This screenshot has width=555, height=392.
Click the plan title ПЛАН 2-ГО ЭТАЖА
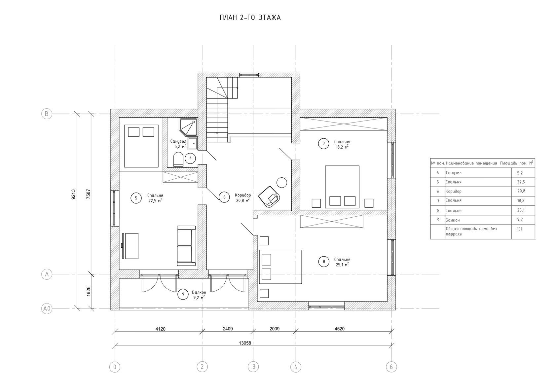coord(250,18)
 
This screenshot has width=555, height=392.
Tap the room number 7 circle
coord(324,144)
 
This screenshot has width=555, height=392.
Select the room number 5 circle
coord(136,198)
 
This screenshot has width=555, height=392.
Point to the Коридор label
coord(243,195)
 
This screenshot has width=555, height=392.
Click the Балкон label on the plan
coord(199,292)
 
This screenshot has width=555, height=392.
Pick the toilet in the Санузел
coord(178,159)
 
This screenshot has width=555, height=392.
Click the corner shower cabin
coord(188,127)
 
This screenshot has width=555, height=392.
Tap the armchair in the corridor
coord(269,196)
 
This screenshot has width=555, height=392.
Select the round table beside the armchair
coord(282,183)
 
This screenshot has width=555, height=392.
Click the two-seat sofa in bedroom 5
coord(187,246)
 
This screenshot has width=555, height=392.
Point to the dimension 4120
coord(160,329)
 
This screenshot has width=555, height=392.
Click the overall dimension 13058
coord(245,343)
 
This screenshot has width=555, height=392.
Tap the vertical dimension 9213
coord(73,195)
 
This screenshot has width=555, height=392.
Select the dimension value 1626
coord(89,292)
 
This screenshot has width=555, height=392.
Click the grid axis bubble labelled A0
coord(47,308)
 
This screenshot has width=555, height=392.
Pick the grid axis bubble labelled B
coord(47,114)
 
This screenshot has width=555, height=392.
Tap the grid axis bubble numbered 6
coord(391,367)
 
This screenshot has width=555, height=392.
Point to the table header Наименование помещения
coord(471,163)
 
